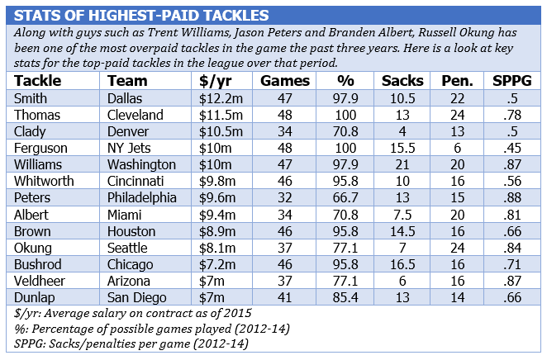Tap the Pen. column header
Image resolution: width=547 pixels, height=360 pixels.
click(454, 81)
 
